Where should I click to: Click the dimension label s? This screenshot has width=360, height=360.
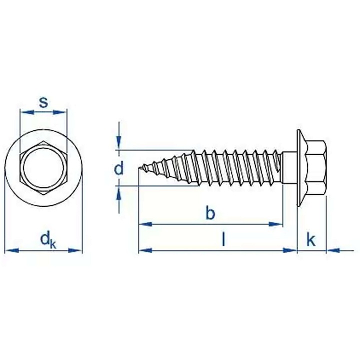(43, 102)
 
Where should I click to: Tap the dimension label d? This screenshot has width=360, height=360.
(118, 168)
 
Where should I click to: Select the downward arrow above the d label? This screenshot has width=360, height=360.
(118, 144)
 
